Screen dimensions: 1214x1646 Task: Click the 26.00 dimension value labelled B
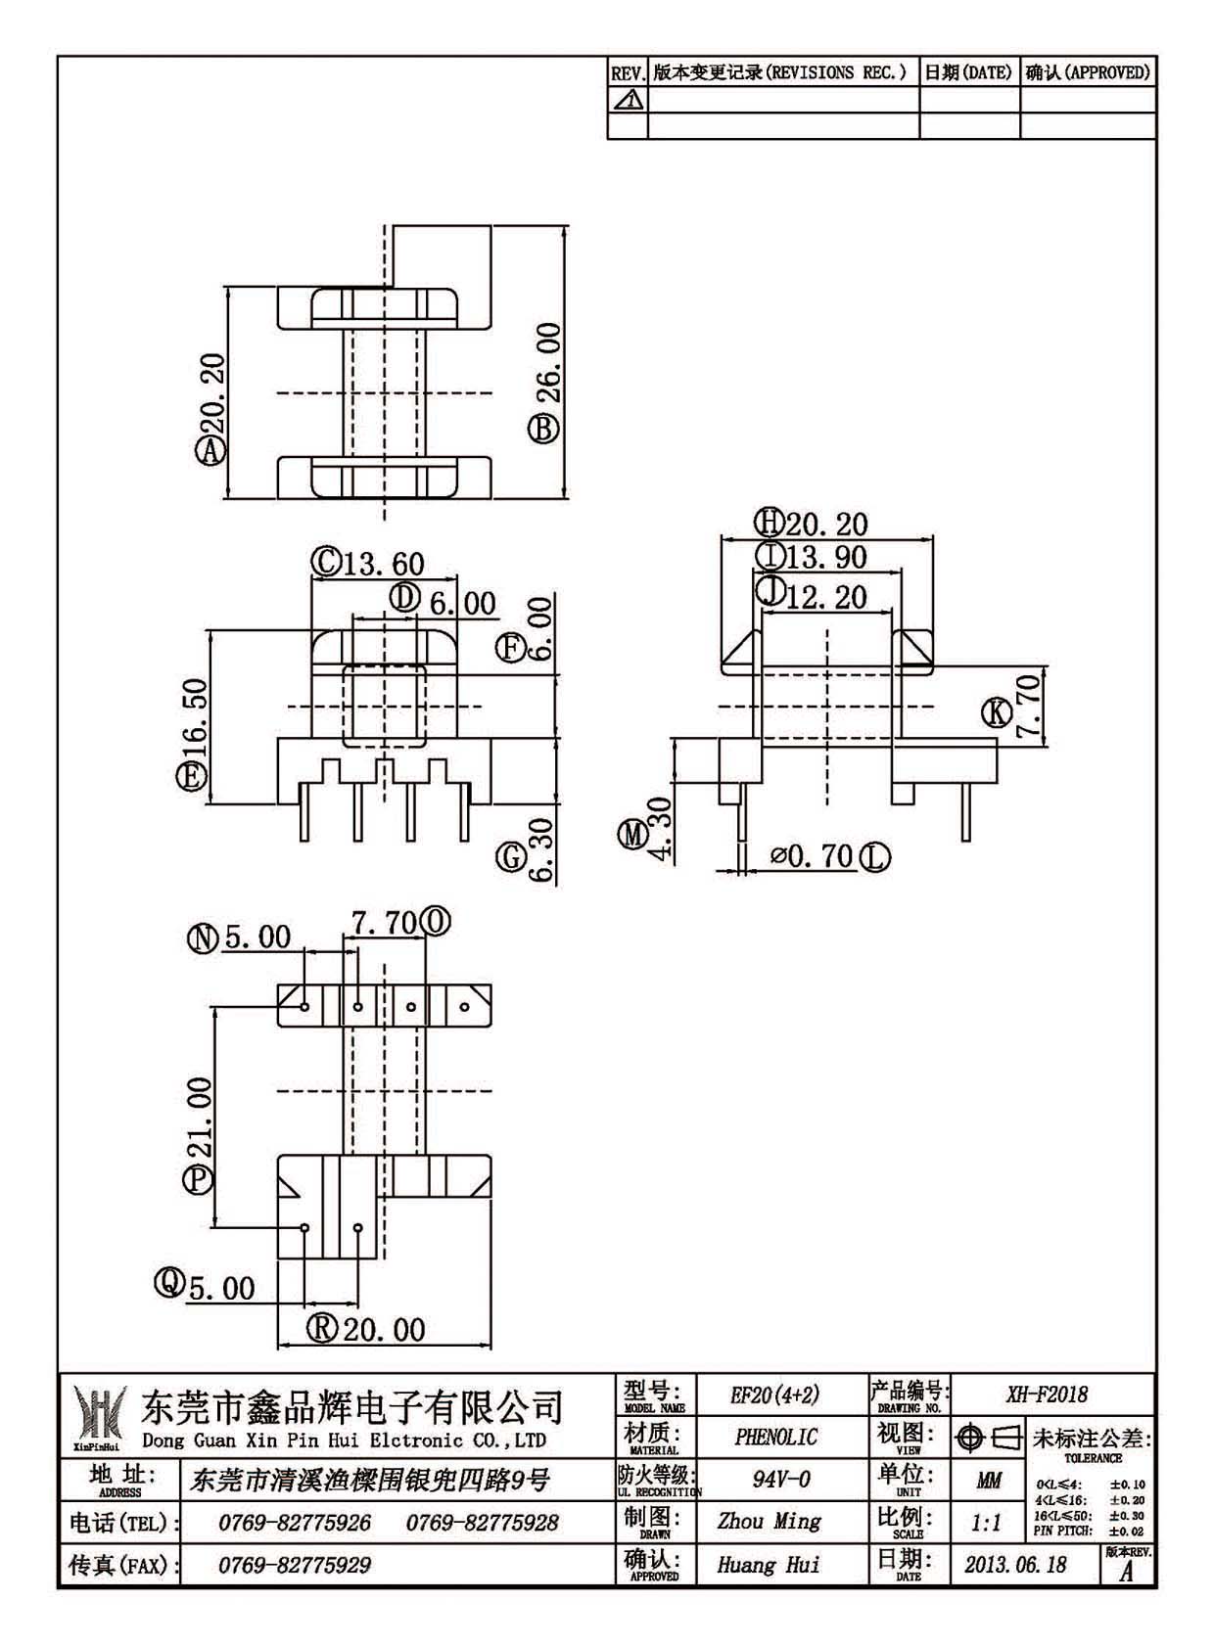coord(551,362)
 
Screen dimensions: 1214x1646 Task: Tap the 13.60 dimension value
coord(383,565)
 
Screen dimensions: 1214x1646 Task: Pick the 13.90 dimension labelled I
coord(826,558)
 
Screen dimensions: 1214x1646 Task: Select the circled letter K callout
coord(997,712)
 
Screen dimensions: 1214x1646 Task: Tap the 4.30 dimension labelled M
coord(660,828)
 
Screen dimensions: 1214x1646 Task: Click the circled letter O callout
coord(436,922)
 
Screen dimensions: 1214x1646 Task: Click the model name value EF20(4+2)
coord(775,1395)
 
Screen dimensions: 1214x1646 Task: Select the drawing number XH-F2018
coord(1048,1394)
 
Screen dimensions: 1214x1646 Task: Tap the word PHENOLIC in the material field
coord(775,1437)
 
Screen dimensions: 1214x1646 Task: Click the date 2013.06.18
coord(1015,1565)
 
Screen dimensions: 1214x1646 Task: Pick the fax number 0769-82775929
coord(294,1565)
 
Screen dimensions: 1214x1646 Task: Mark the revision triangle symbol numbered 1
coord(628,99)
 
